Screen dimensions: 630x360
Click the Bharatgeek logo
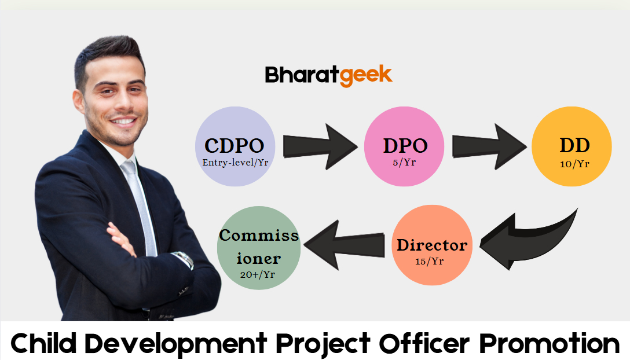(x=328, y=75)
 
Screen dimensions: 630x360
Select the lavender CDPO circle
(x=235, y=146)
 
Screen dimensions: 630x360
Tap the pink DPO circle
(x=404, y=146)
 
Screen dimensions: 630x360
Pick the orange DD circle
(x=572, y=146)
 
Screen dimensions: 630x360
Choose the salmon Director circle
(x=432, y=245)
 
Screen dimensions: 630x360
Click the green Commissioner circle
(x=259, y=248)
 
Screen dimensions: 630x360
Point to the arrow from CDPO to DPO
(x=320, y=146)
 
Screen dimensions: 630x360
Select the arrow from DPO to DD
(x=489, y=146)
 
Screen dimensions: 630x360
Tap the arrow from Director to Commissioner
(x=344, y=245)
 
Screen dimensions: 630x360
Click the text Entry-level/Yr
(x=235, y=163)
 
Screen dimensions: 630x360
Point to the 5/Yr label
(x=404, y=163)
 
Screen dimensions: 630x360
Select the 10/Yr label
(x=574, y=164)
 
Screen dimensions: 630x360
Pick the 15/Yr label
(x=429, y=262)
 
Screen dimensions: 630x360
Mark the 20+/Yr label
(x=258, y=275)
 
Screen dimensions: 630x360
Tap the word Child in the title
(x=43, y=343)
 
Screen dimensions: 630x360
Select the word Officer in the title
(x=424, y=343)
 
